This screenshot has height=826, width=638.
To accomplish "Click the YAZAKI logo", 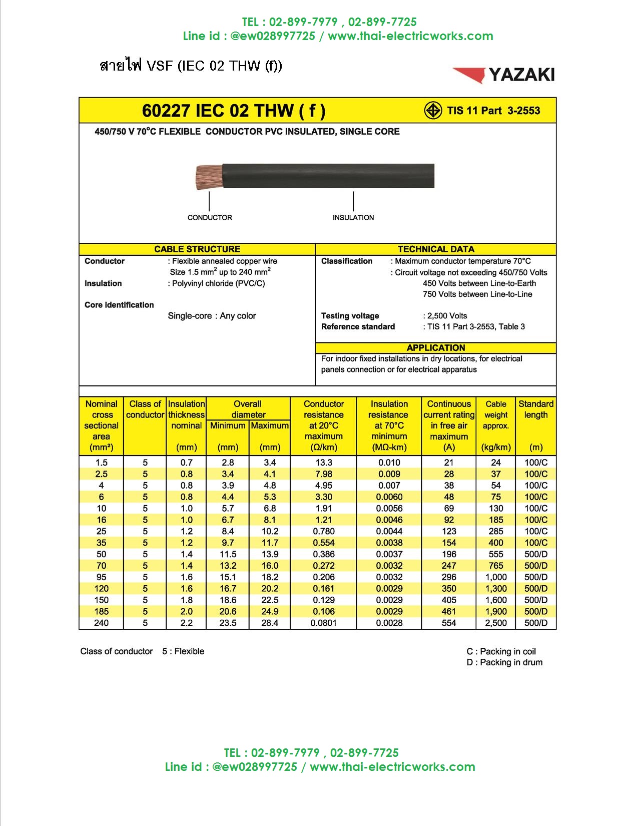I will (504, 75).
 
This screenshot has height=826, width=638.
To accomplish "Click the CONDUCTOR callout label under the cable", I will (210, 218).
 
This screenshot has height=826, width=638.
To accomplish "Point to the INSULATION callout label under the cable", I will (353, 218).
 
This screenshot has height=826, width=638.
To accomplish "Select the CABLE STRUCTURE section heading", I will (197, 249).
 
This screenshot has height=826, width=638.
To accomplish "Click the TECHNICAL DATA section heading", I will (436, 249).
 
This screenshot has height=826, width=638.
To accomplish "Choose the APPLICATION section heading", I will (436, 348).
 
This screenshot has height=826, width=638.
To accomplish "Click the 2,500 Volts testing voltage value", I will (446, 316).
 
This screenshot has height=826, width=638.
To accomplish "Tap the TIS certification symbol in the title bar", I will (433, 111).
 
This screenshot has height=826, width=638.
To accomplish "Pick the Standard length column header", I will (536, 409).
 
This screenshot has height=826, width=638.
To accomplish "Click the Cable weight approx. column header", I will (496, 415).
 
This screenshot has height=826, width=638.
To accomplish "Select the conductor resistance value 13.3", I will (324, 463).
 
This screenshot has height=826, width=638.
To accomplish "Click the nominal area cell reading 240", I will (101, 623).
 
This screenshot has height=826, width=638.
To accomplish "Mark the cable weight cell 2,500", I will (496, 623).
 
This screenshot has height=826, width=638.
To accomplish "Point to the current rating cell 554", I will (449, 623).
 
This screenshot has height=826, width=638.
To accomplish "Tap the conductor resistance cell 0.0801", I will (324, 623).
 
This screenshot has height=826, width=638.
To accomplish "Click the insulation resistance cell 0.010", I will (389, 463).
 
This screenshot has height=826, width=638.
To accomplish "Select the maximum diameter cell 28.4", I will (270, 623).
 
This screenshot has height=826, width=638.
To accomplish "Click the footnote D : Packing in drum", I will (504, 663).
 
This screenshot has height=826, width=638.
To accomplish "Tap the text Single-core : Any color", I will (212, 316).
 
